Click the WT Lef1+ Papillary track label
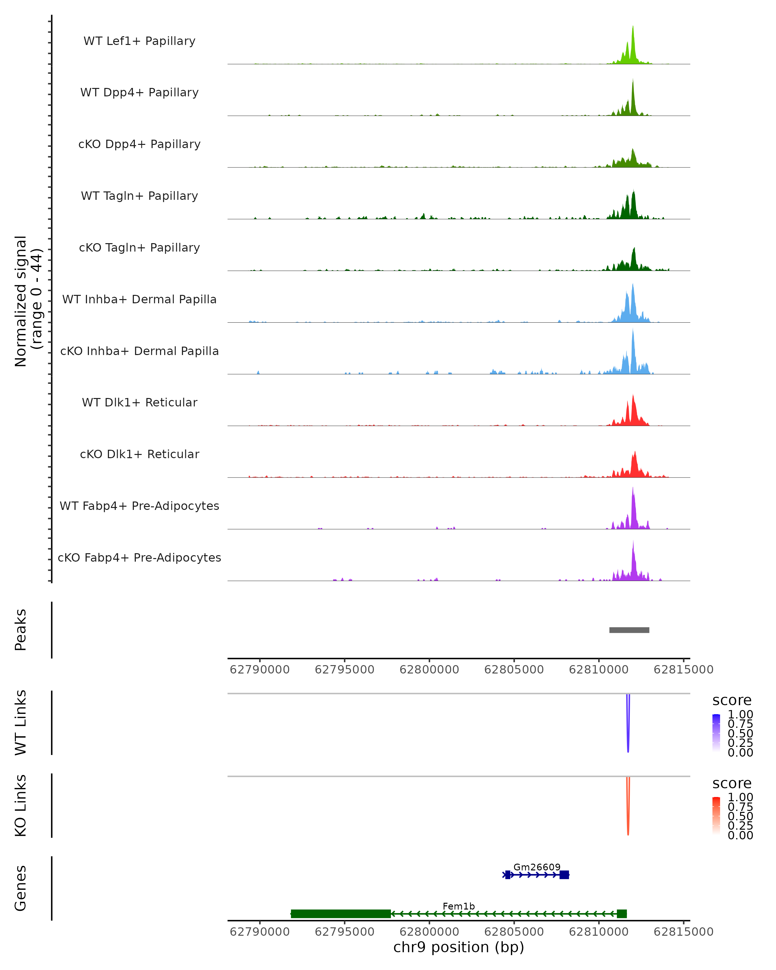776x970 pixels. (x=139, y=41)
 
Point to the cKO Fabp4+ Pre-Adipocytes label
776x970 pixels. (x=139, y=557)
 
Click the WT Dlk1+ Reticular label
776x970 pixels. (x=139, y=402)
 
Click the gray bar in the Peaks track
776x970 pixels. (x=629, y=630)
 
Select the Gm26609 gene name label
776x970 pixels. (x=537, y=867)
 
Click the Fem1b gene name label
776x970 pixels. (x=458, y=906)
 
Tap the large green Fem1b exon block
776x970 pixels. (x=340, y=914)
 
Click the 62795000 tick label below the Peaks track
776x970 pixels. (x=345, y=670)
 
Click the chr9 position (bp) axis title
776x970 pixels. (x=458, y=947)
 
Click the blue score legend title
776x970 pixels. (x=731, y=701)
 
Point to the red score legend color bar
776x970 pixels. (x=716, y=816)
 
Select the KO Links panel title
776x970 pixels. (x=21, y=806)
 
